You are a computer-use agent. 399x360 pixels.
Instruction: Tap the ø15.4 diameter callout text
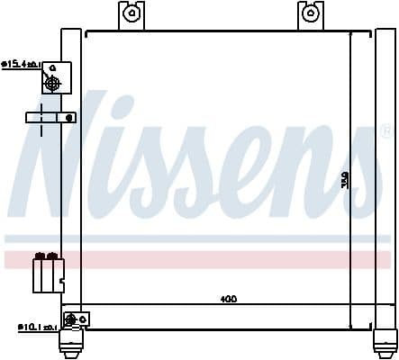(20, 64)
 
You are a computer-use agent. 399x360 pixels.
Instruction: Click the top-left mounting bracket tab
(131, 15)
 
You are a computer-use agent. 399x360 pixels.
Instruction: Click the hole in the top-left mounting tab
(131, 13)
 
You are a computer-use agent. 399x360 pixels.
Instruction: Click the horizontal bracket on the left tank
(50, 117)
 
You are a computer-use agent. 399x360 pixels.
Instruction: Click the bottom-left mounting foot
(72, 343)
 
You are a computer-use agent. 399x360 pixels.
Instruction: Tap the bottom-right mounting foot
(385, 343)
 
